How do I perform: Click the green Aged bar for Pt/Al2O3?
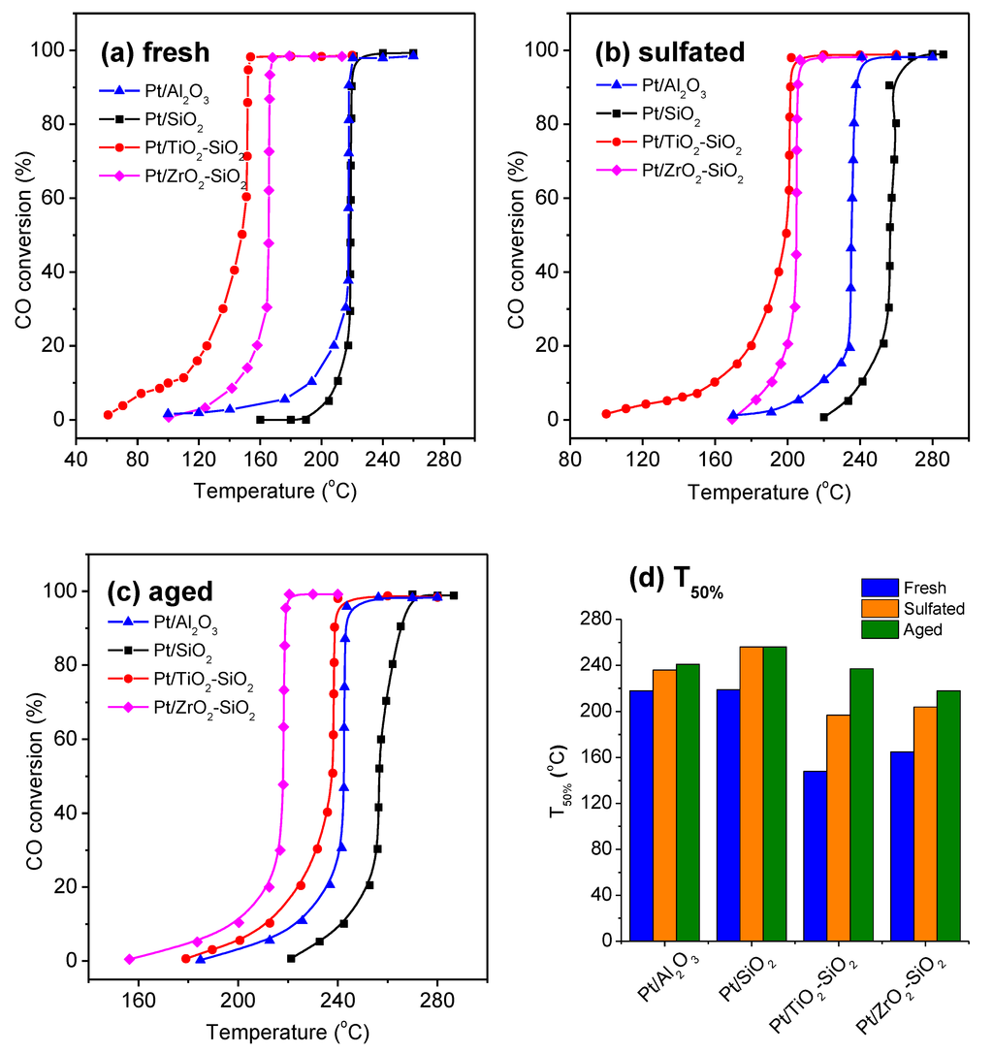(x=688, y=802)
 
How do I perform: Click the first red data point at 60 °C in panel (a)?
(x=108, y=415)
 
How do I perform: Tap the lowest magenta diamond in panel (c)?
(x=129, y=959)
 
